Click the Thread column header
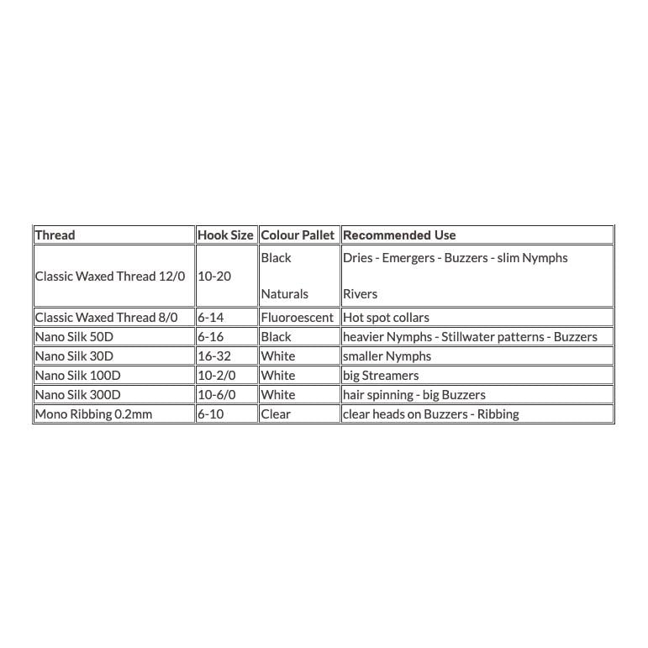(55, 235)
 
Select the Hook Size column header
(225, 235)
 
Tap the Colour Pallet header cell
(298, 235)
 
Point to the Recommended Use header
(399, 235)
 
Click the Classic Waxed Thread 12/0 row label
(110, 276)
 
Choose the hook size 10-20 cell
(214, 276)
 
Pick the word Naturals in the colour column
(285, 294)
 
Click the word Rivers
(361, 294)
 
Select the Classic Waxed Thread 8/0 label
(107, 318)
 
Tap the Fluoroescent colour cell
(298, 318)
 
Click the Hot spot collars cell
(387, 318)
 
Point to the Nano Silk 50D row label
(74, 337)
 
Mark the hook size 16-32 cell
(214, 356)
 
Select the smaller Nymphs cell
(387, 356)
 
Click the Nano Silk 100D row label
(77, 376)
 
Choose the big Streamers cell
(381, 376)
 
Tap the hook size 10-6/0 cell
(218, 395)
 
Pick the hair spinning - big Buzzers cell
(414, 395)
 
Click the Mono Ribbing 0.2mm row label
(94, 414)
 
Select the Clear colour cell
(276, 414)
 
